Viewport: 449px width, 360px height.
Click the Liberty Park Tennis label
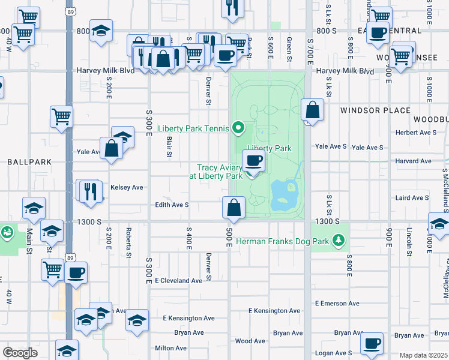click(x=193, y=128)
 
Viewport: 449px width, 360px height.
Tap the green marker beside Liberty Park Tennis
click(x=238, y=127)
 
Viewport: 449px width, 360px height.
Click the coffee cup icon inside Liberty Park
click(x=253, y=160)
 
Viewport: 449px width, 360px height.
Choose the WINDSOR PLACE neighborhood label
click(x=375, y=110)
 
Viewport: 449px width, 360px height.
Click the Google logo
click(x=20, y=352)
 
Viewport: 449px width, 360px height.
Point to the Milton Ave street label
click(x=170, y=348)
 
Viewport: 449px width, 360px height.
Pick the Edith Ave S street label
click(x=172, y=205)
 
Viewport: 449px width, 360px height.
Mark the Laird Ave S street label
click(x=412, y=197)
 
